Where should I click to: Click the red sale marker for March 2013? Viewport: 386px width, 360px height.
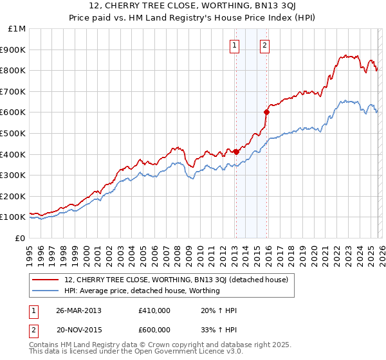tap(236, 152)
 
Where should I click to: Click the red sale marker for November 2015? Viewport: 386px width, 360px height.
tap(266, 112)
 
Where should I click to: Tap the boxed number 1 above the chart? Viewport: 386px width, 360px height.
tap(234, 45)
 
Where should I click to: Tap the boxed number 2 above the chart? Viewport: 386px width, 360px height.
tap(264, 45)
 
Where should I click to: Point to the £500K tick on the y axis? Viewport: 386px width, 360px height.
tap(14, 133)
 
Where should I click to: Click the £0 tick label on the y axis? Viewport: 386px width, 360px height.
tap(21, 238)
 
